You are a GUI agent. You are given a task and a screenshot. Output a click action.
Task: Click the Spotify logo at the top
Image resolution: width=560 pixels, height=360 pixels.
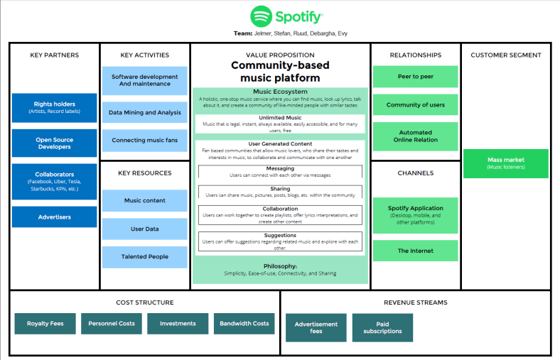coord(286,16)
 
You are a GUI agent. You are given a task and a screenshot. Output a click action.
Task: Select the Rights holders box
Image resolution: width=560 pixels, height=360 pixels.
coord(54,108)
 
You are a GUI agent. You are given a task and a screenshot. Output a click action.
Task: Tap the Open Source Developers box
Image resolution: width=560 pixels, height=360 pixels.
coord(54,143)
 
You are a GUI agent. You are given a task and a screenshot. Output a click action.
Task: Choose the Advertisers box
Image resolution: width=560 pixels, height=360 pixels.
coord(54,217)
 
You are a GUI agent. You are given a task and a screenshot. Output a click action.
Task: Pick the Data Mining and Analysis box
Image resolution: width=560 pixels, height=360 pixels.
coord(144,112)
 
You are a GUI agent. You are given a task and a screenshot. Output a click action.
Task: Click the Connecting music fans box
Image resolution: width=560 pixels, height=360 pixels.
coord(144,141)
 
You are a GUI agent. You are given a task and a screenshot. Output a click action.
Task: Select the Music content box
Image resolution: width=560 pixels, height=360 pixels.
coord(144,201)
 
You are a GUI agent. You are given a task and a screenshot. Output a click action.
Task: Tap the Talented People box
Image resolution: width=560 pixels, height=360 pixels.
coord(144,256)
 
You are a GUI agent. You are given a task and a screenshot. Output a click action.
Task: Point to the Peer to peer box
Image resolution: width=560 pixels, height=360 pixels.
coord(416,77)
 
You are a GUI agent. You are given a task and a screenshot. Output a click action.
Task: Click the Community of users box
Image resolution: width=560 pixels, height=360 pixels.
coord(416,105)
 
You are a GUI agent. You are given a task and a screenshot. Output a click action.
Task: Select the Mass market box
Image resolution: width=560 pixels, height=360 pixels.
coord(505,163)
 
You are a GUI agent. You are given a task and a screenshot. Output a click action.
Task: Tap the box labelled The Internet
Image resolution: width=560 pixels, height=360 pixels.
coord(416,251)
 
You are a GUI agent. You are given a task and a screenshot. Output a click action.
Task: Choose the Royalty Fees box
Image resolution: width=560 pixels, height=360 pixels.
coord(45,324)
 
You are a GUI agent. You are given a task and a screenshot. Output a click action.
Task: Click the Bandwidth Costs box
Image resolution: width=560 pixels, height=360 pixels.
coord(244,324)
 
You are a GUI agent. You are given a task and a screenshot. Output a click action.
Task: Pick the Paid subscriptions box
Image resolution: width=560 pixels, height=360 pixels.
coord(382,327)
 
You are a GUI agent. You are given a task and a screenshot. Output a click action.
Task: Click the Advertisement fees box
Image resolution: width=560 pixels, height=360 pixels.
coord(316,327)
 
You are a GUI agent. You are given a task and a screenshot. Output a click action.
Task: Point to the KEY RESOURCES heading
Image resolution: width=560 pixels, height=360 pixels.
coord(145,173)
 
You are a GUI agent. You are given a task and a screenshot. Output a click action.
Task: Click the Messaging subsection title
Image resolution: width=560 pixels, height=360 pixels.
coord(280,168)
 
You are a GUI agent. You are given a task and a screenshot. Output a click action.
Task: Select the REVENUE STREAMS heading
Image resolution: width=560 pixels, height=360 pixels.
coord(416,302)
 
